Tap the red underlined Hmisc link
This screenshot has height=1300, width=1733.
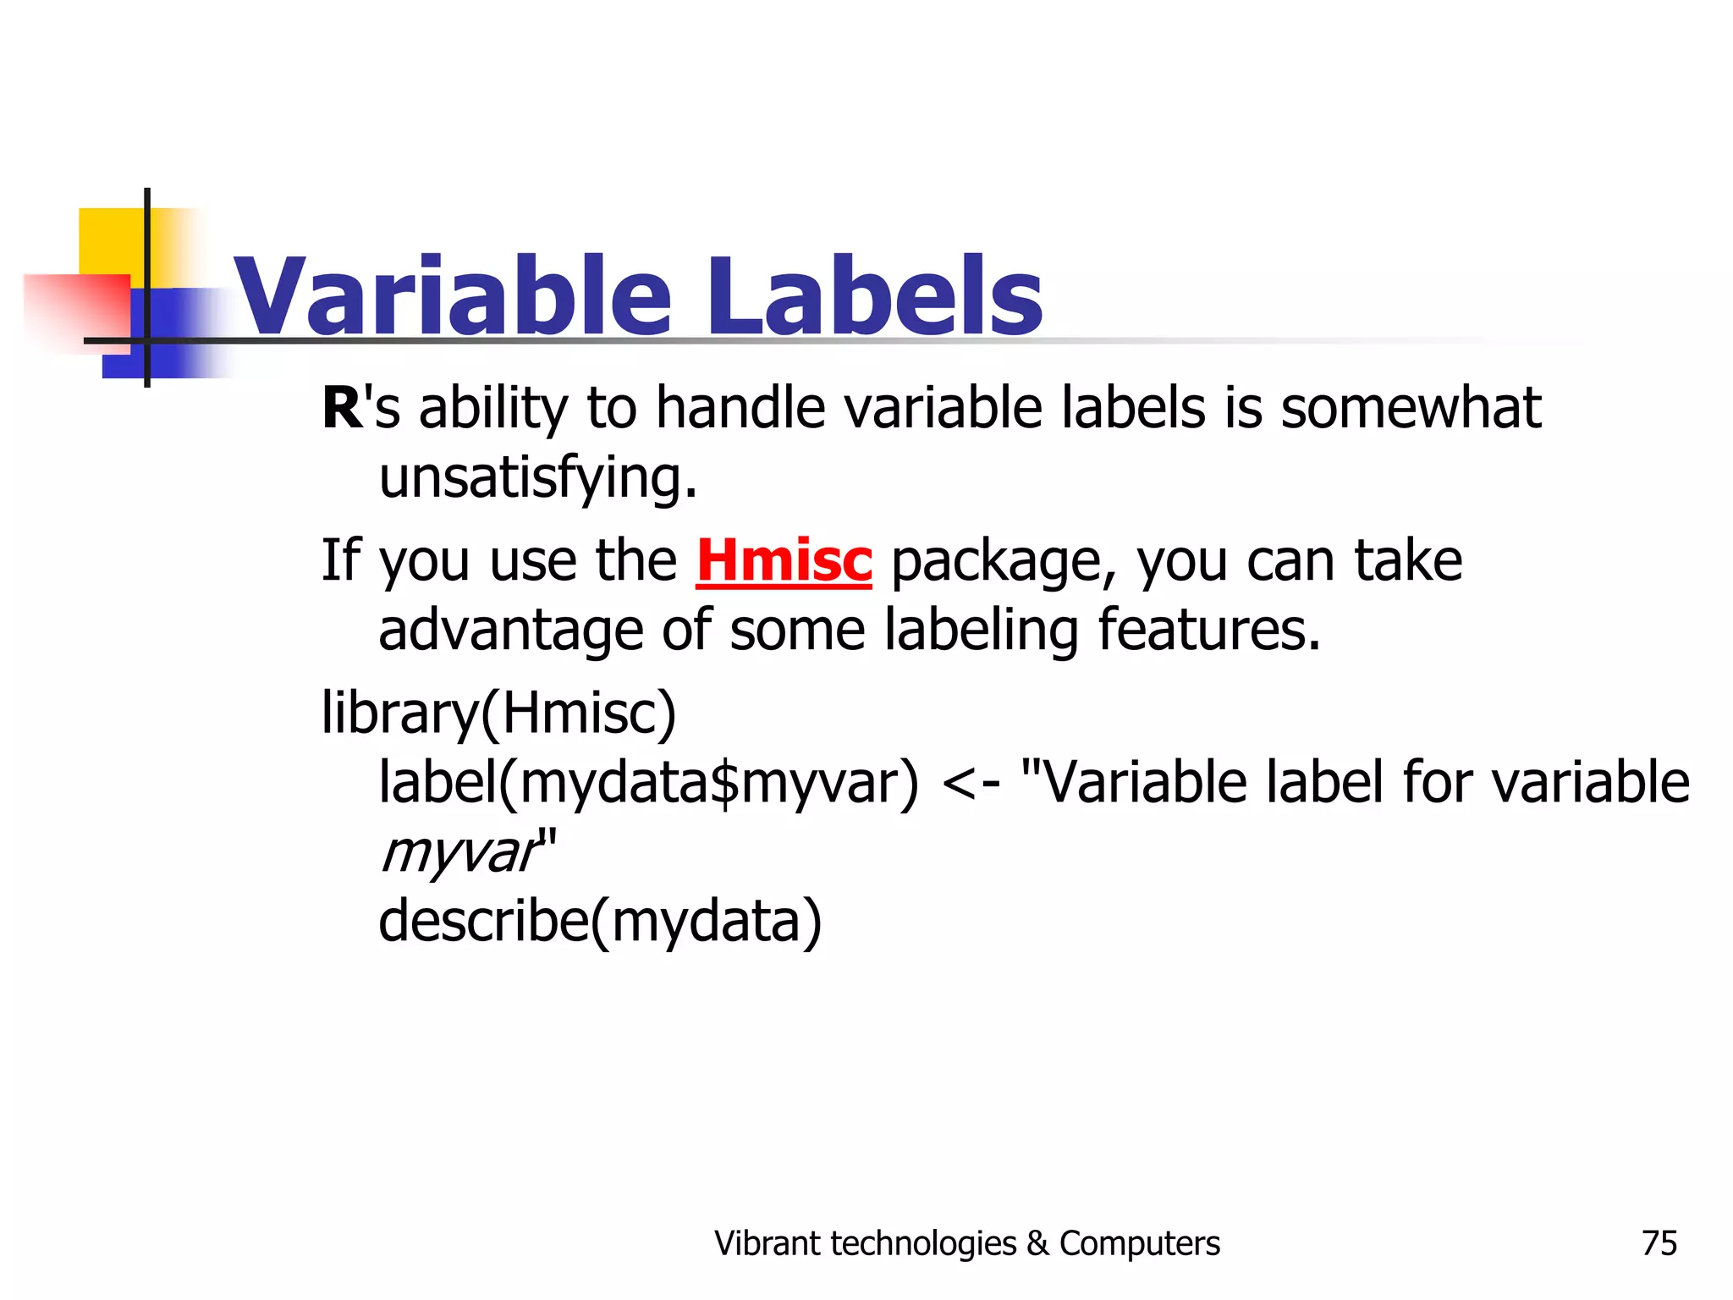pos(784,561)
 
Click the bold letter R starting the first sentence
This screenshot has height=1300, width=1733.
pos(342,409)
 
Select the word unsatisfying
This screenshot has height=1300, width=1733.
pos(537,479)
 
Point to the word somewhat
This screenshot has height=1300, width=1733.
pos(1411,409)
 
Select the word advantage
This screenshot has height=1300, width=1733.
pos(510,631)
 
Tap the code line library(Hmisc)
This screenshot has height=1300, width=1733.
pos(499,713)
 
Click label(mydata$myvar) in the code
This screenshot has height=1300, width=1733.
pos(648,783)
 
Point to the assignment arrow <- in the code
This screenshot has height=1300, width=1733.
pos(971,783)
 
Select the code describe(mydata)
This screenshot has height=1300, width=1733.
pos(600,922)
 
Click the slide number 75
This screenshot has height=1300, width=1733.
pos(1659,1243)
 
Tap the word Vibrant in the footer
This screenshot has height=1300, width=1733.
pos(767,1243)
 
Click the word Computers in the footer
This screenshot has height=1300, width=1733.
pos(1139,1243)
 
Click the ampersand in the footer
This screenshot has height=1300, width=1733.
pos(1037,1243)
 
